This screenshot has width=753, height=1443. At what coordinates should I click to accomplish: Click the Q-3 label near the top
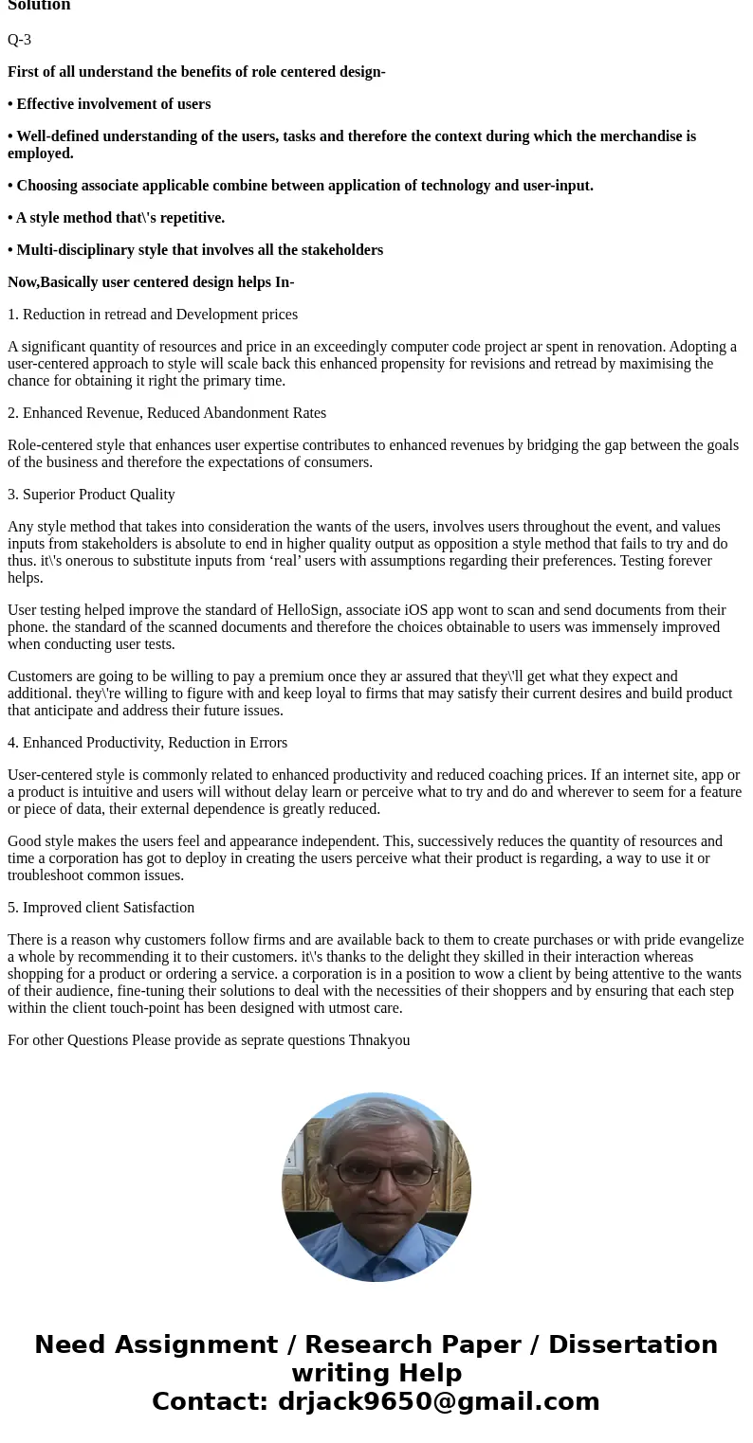(19, 40)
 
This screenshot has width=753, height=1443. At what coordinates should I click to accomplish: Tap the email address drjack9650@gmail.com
(438, 1401)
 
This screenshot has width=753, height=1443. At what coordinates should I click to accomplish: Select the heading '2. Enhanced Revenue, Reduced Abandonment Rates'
(167, 413)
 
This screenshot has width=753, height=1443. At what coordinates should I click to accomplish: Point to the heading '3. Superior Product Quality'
(91, 495)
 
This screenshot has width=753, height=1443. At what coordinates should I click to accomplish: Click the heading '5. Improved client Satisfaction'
(101, 908)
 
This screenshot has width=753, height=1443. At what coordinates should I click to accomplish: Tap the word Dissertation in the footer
(633, 1344)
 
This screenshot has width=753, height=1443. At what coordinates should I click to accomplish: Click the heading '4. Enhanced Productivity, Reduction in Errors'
(147, 743)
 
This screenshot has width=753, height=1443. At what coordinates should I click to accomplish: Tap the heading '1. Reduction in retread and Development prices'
(153, 315)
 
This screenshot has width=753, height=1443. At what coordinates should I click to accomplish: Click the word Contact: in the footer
(211, 1401)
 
